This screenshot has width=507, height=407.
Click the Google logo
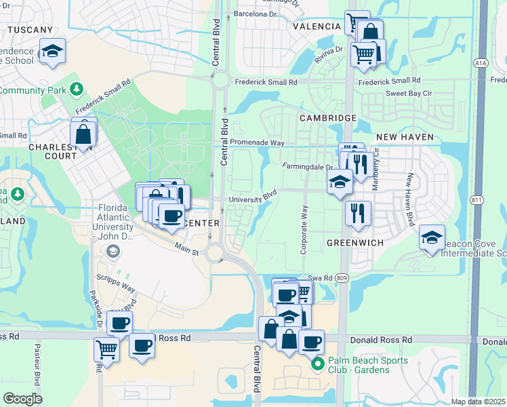click(x=23, y=399)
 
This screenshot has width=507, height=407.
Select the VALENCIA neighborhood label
click(x=317, y=26)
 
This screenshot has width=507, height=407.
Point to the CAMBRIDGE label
click(x=328, y=118)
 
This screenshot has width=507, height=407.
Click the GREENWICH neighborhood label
click(x=356, y=243)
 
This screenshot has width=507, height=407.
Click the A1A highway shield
click(x=481, y=63)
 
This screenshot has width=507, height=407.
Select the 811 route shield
click(x=478, y=199)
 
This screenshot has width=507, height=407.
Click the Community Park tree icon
click(x=77, y=89)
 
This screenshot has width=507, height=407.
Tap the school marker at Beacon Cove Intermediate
click(x=432, y=238)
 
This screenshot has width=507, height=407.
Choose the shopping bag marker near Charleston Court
click(x=83, y=135)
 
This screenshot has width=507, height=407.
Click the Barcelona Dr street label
click(x=255, y=14)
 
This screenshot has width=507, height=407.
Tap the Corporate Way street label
click(x=304, y=230)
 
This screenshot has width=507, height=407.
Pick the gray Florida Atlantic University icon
click(x=113, y=251)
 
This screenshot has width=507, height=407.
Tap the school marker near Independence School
click(x=52, y=52)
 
